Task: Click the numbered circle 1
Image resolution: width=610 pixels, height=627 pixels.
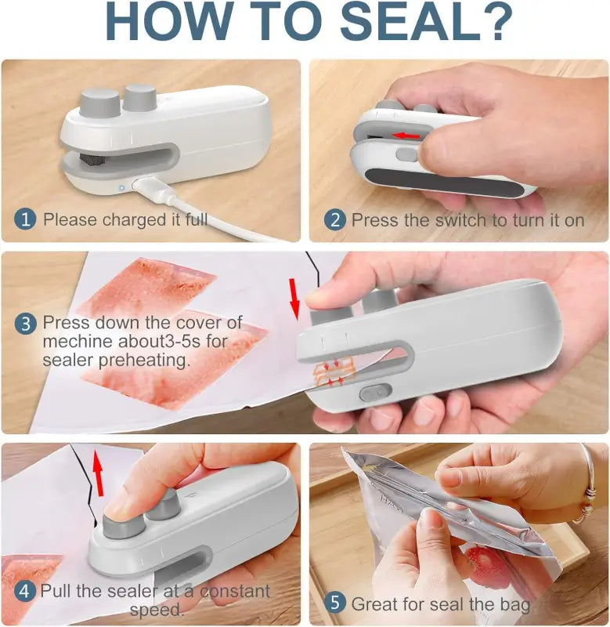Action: [x=26, y=219]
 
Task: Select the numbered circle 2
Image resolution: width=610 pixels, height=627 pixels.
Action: [x=335, y=220]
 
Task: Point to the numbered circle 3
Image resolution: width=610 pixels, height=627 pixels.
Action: [x=26, y=322]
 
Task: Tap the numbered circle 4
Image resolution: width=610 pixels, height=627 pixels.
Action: [x=25, y=591]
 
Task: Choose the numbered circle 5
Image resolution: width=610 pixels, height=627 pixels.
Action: [x=335, y=603]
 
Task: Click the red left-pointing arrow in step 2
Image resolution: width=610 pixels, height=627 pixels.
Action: [x=404, y=135]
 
